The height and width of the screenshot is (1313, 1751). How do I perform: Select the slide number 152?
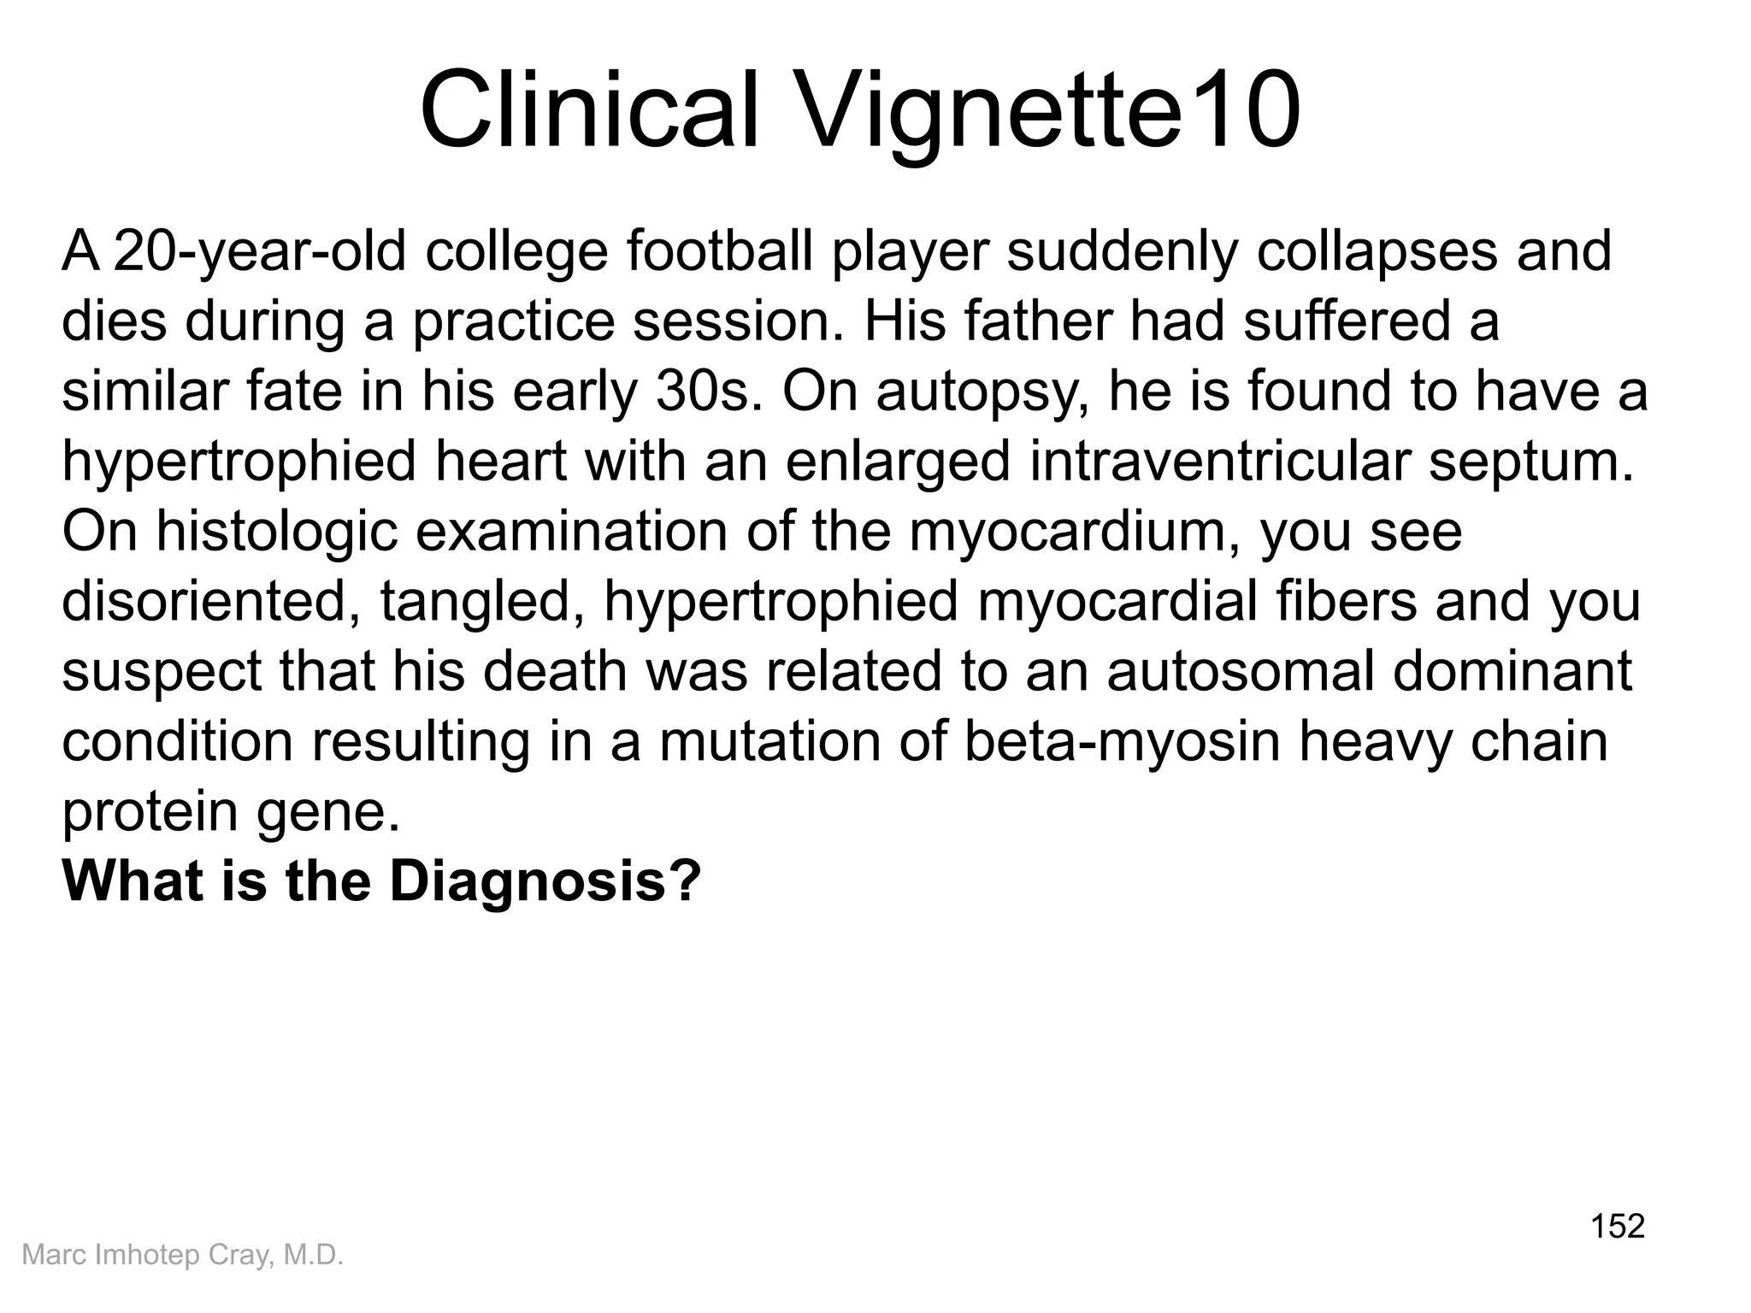pos(1617,1226)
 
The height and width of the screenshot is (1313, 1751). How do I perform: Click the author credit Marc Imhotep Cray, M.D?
pos(182,1255)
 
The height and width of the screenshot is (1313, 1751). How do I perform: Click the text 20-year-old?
pos(259,253)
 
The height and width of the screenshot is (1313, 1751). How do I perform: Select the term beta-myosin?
pos(1122,742)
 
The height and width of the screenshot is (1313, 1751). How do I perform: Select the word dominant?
pos(1512,672)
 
